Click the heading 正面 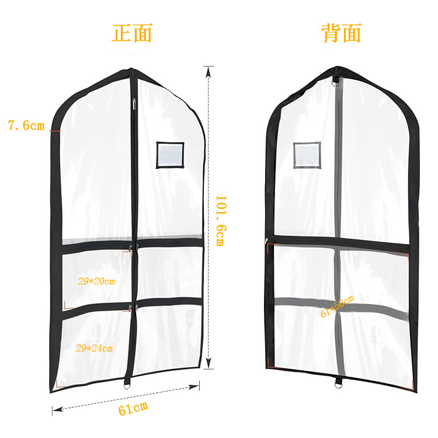(132, 33)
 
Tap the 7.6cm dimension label (26, 125)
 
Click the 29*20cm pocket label (96, 281)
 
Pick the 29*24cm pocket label (94, 348)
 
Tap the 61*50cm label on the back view (337, 307)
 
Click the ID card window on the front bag (170, 155)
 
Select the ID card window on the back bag (307, 155)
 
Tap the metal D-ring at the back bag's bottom (338, 384)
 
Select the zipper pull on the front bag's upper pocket (130, 252)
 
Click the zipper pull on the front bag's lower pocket (130, 308)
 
